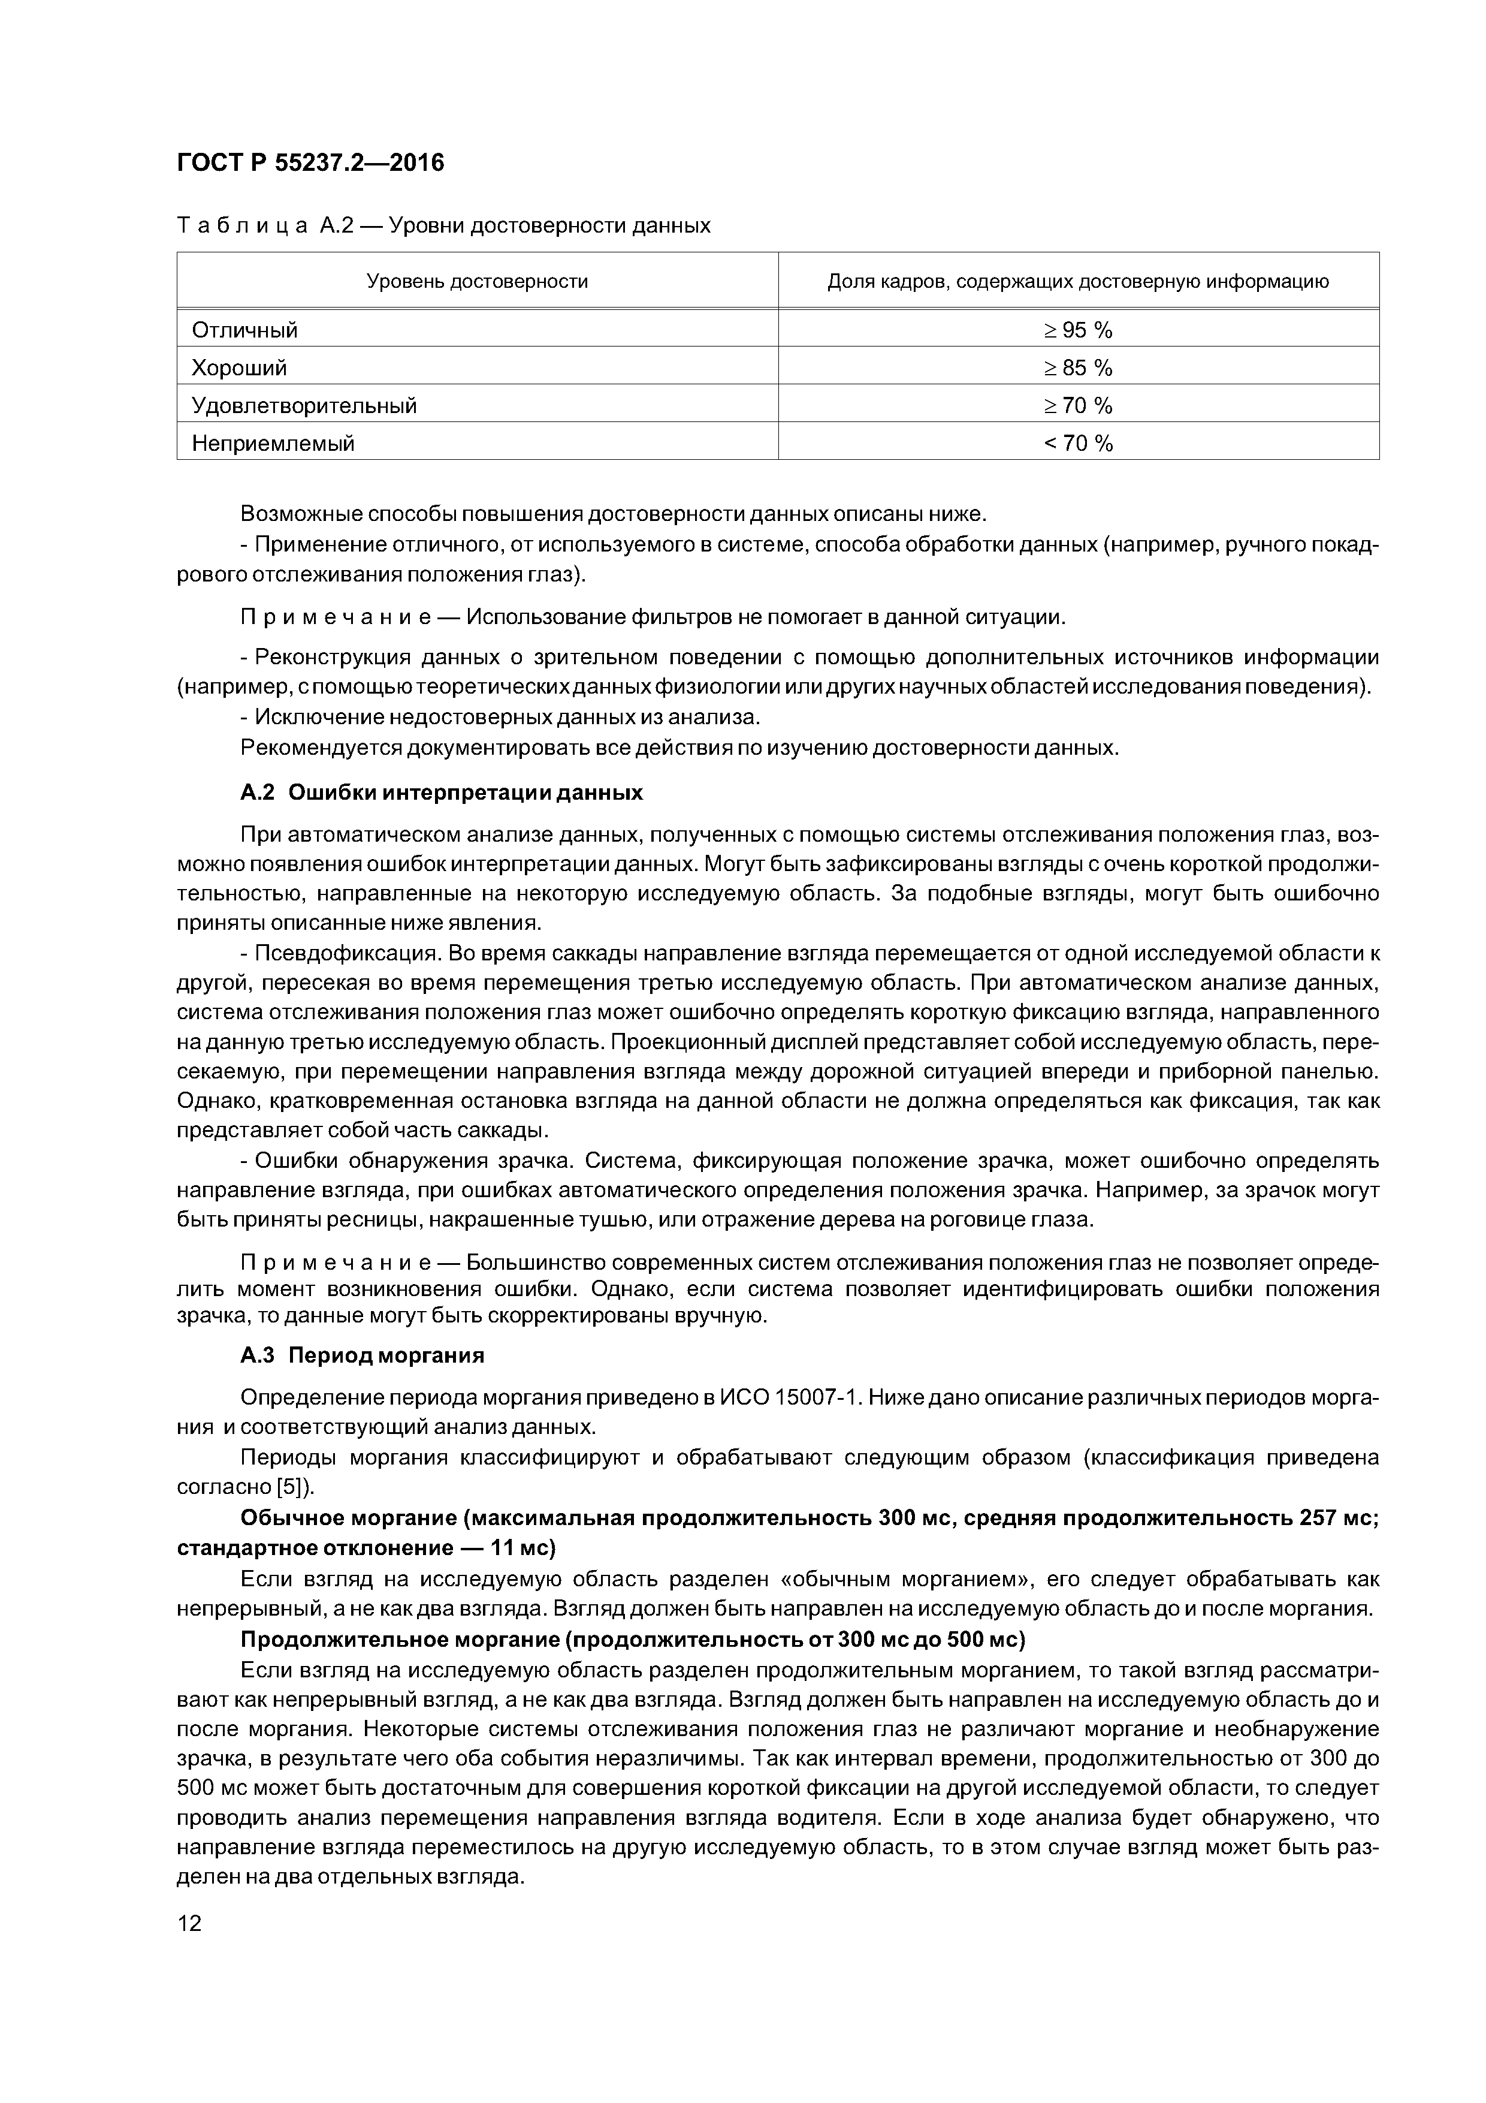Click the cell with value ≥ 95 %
click(x=1077, y=330)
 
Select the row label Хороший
click(x=239, y=368)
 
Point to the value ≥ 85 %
click(x=1077, y=368)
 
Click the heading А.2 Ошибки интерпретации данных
click(x=442, y=793)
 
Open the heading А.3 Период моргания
click(x=362, y=1355)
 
